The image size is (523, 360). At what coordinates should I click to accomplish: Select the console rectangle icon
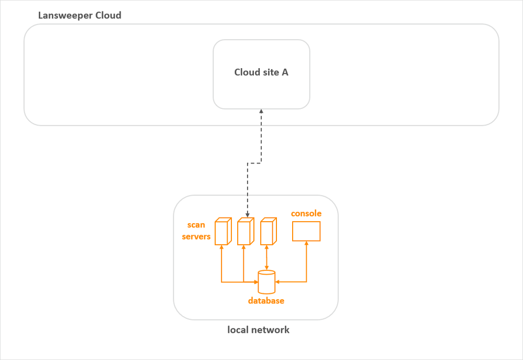[306, 231]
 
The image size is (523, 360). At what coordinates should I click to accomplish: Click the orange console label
[306, 213]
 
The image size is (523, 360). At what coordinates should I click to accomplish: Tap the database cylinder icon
[266, 281]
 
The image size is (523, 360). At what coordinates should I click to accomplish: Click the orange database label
[266, 301]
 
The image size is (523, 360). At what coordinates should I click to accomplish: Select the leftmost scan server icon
[222, 231]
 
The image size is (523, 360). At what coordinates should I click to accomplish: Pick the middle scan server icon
[244, 232]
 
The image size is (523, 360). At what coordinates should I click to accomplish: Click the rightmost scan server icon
[268, 232]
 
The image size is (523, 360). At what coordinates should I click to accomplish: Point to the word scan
[196, 225]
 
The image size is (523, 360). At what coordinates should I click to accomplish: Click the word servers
[196, 236]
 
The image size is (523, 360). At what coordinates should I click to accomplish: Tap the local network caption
[258, 330]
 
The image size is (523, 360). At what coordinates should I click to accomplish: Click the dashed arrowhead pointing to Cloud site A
[261, 112]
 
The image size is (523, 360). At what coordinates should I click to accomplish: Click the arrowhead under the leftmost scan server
[222, 248]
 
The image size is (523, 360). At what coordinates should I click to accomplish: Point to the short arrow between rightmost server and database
[267, 258]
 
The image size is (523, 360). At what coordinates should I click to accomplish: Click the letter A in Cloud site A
[285, 72]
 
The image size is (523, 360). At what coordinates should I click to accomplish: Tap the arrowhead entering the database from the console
[278, 282]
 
